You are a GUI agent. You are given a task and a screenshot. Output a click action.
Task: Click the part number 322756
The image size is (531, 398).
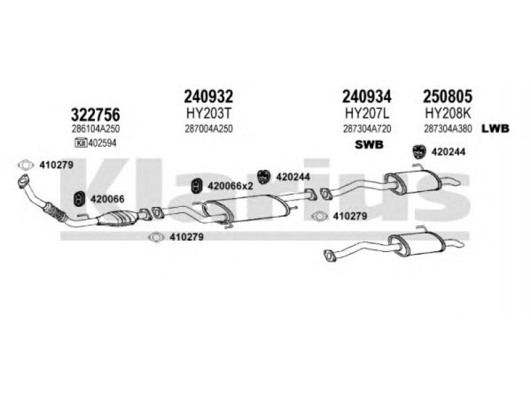pos(95,114)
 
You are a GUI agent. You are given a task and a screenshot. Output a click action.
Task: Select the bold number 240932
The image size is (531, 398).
pos(208,96)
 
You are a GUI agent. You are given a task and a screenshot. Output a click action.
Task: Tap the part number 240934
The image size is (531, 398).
pos(367,96)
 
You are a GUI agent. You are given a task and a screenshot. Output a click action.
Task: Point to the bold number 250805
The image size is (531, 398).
pos(447,96)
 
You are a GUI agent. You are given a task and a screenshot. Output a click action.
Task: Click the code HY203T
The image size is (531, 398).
pos(208,113)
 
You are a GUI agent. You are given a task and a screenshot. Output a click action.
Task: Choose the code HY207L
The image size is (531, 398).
pos(367,113)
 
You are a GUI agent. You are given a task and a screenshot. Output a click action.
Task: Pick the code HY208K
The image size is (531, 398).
pos(447,113)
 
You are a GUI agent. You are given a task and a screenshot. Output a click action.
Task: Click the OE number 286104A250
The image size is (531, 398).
pos(96,129)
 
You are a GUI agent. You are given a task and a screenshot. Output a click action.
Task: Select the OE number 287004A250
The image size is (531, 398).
pos(208,129)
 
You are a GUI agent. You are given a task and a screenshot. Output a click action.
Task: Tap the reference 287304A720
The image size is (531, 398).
pos(367,129)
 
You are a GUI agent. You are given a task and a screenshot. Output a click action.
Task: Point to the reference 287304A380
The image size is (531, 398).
pos(447,129)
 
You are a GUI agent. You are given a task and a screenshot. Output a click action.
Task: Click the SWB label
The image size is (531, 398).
pos(369,145)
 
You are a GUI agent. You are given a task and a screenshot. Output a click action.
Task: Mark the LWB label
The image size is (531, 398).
pos(495,129)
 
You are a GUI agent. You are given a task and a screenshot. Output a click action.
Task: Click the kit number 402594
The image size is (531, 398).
pos(102,143)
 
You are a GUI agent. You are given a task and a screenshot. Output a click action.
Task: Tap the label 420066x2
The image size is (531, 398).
pos(230,186)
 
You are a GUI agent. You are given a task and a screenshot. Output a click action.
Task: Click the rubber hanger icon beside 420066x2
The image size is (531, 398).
pos(196,186)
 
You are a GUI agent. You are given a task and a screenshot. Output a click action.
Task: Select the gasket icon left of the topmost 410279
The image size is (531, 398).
pos(26,165)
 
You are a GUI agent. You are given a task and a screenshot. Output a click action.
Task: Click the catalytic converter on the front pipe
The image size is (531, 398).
pos(117,218)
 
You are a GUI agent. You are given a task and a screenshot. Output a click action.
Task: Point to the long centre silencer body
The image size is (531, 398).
pos(246,209)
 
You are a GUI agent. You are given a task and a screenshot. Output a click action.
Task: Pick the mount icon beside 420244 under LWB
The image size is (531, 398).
pos(419,152)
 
